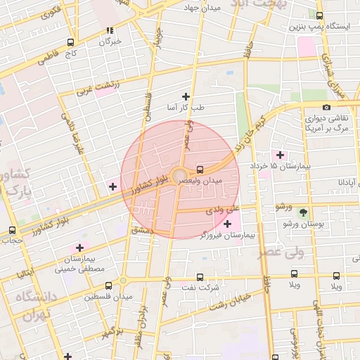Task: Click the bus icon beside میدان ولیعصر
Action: tap(201, 169)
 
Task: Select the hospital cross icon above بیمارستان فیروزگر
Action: tap(226, 224)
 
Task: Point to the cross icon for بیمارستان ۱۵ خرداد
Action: tap(280, 155)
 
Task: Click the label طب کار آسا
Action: tap(186, 108)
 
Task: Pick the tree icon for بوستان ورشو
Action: tap(303, 212)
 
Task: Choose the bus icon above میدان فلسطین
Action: tap(108, 286)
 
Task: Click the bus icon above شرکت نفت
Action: tap(200, 277)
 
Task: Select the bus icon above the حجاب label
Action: tap(12, 230)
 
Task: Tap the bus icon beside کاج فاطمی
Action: tap(71, 42)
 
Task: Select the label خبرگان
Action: tap(110, 41)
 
